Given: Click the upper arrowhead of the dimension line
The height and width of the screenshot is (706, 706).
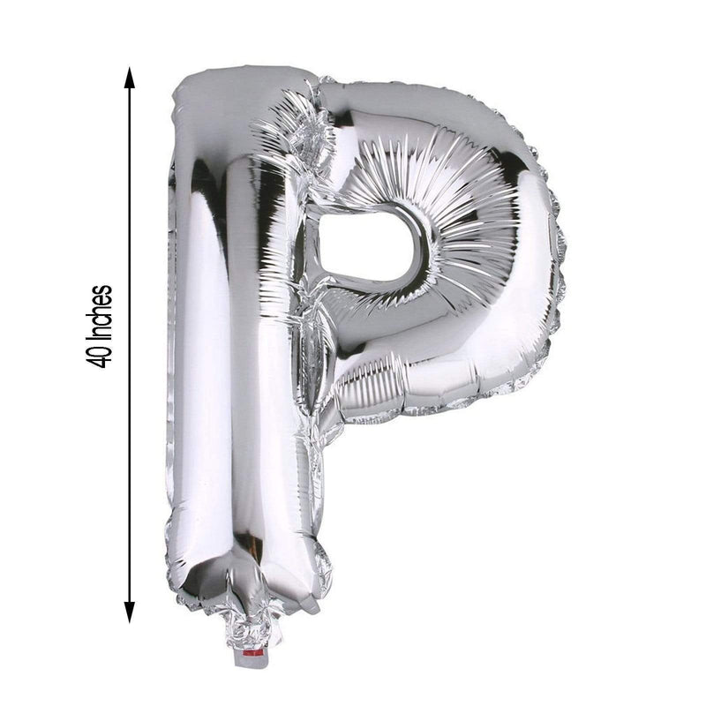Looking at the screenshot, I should (130, 77).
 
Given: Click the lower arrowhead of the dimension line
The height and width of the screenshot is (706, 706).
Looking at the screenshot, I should (130, 611).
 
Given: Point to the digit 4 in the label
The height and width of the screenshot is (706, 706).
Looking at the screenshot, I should (104, 360).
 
